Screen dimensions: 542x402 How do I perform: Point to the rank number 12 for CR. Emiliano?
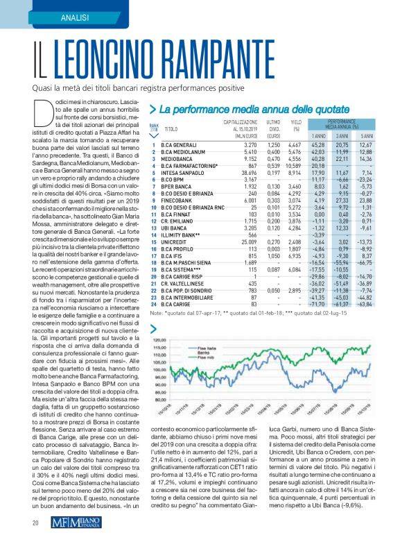pyautogui.click(x=154, y=221)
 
